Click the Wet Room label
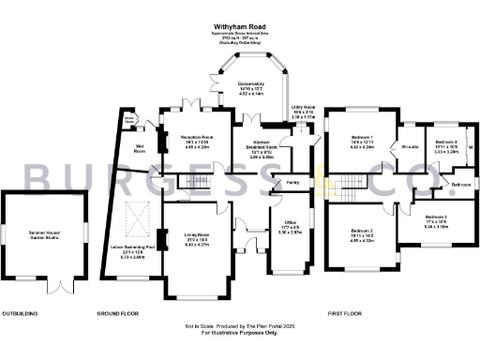point(139,149)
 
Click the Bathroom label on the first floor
point(460,185)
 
